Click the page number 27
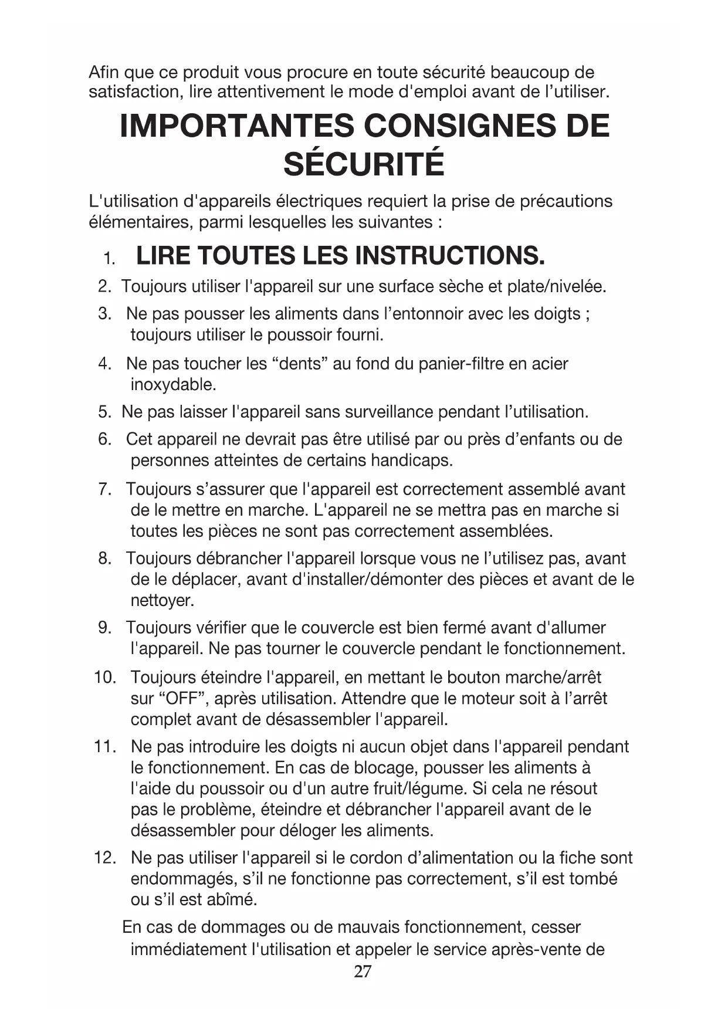coord(363,972)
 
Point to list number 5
coord(104,412)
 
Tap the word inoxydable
coord(173,385)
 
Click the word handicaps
coord(411,460)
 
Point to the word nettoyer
coord(161,601)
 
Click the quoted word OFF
coord(181,699)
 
